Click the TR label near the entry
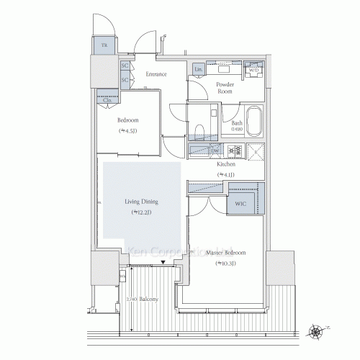click(104, 45)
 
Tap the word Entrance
click(156, 74)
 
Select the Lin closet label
click(199, 69)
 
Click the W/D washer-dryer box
click(253, 70)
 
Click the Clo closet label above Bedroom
click(107, 99)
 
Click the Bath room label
click(238, 123)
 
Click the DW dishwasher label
click(215, 150)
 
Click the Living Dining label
click(141, 202)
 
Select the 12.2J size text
click(141, 213)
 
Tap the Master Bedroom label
click(225, 253)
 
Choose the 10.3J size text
click(225, 264)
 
